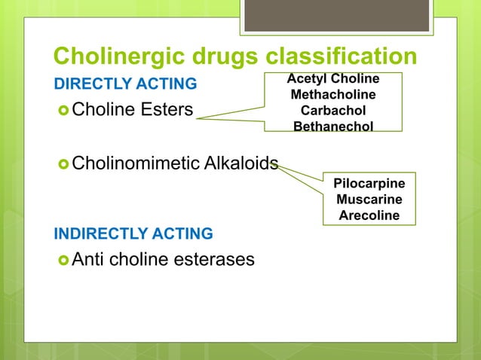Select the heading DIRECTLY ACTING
click(x=124, y=83)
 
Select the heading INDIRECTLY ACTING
click(x=133, y=233)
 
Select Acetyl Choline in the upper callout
click(x=333, y=79)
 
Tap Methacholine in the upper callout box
click(x=333, y=94)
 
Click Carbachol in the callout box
click(x=333, y=110)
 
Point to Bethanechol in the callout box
click(x=333, y=126)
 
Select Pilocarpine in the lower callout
click(x=369, y=184)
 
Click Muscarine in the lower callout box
click(x=369, y=200)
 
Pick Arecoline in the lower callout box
click(x=369, y=216)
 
